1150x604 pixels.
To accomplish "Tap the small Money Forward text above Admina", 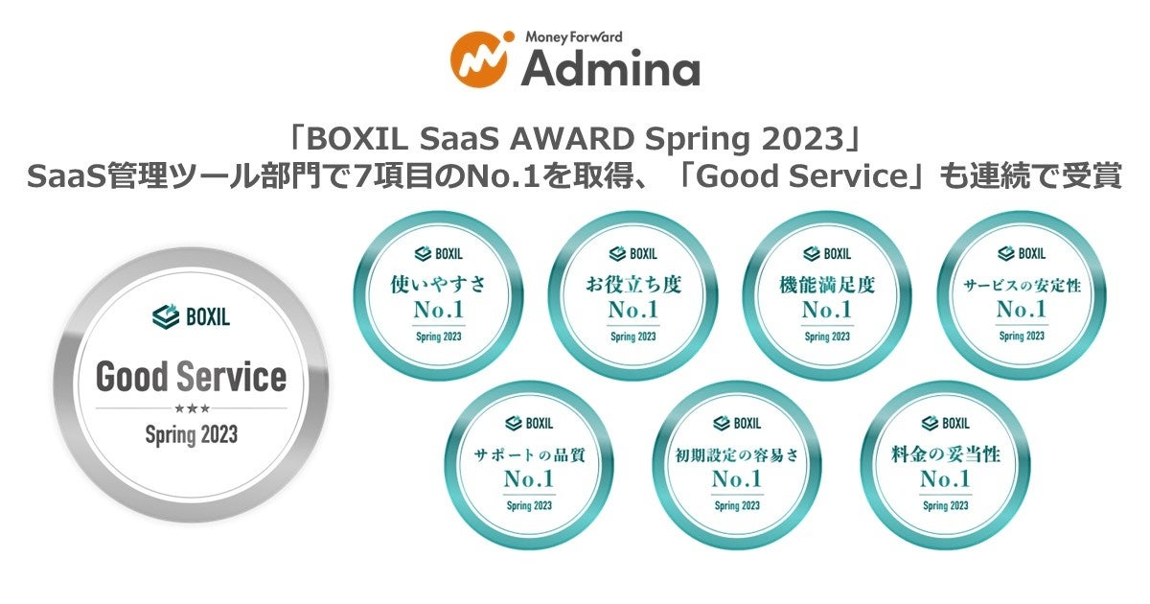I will click(x=573, y=36).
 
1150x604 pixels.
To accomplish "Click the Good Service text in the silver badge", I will click(x=191, y=377).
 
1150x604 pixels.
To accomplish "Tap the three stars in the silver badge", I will click(x=191, y=408).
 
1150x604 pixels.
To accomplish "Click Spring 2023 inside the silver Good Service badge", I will click(x=191, y=434).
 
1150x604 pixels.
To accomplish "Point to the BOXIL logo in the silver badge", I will click(x=191, y=315).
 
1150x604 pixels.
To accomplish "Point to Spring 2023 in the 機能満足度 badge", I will click(x=827, y=337).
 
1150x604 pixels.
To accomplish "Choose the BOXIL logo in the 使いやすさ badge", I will click(x=439, y=254).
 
